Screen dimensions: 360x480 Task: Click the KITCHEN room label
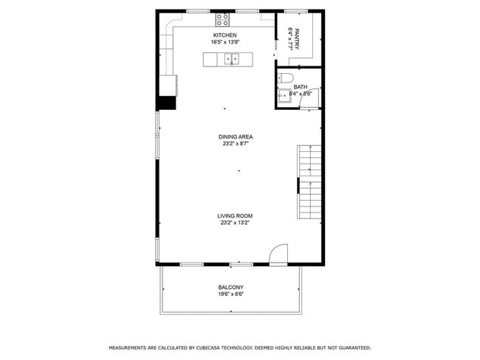[225, 35]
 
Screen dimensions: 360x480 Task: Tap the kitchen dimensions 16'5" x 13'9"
[225, 43]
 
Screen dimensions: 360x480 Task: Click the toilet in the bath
[287, 77]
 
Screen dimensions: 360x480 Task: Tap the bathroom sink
[283, 95]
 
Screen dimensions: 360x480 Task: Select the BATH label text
[301, 87]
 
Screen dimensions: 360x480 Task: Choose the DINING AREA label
[236, 136]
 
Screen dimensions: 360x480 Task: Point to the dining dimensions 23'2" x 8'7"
[236, 144]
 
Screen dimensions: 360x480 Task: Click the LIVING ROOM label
[236, 215]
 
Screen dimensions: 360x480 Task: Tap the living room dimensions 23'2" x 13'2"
[236, 223]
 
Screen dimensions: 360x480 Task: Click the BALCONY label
[230, 287]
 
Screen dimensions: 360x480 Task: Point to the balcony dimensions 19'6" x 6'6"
[230, 294]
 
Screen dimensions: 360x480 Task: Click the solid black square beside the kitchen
[167, 103]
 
